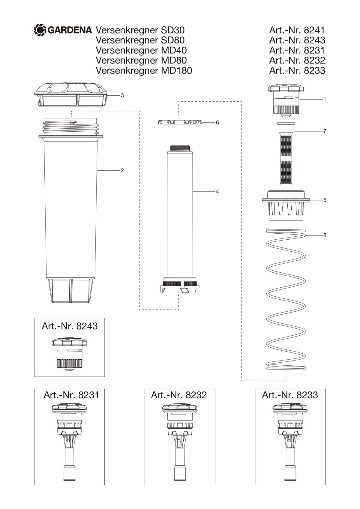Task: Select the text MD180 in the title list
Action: [177, 70]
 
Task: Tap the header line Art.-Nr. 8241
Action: [297, 30]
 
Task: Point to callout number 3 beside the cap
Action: [122, 95]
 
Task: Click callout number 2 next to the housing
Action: [122, 170]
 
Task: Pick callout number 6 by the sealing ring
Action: [217, 123]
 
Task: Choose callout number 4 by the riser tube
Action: [217, 192]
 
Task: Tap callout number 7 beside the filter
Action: [325, 131]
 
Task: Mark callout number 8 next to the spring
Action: [325, 235]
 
